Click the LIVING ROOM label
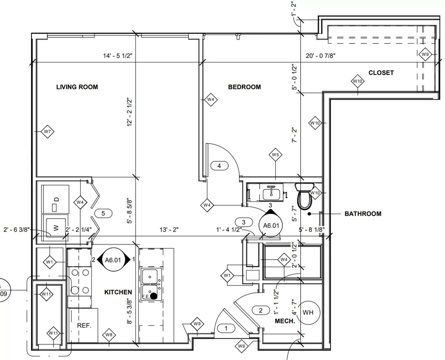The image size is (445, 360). [x=77, y=87]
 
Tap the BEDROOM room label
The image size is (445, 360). [x=244, y=87]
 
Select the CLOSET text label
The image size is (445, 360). [x=381, y=73]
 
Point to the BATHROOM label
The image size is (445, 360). [x=363, y=214]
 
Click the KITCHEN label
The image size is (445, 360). [x=118, y=292]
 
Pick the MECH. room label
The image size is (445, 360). [x=285, y=321]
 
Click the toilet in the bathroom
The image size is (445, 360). [x=305, y=196]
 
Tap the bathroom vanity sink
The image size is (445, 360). [x=271, y=193]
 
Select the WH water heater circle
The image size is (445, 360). [x=308, y=312]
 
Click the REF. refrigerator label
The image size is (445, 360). [x=84, y=325]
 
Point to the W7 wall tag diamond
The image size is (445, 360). [x=47, y=132]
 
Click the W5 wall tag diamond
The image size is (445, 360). [x=275, y=155]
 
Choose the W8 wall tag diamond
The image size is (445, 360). [x=109, y=335]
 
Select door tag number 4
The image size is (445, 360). [x=219, y=166]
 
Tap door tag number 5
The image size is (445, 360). [x=103, y=213]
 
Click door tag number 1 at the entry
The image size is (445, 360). [x=226, y=328]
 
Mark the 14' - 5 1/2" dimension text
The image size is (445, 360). [x=117, y=56]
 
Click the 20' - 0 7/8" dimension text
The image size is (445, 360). [x=320, y=56]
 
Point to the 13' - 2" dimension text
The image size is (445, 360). [x=169, y=230]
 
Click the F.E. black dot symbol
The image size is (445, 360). [x=154, y=296]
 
